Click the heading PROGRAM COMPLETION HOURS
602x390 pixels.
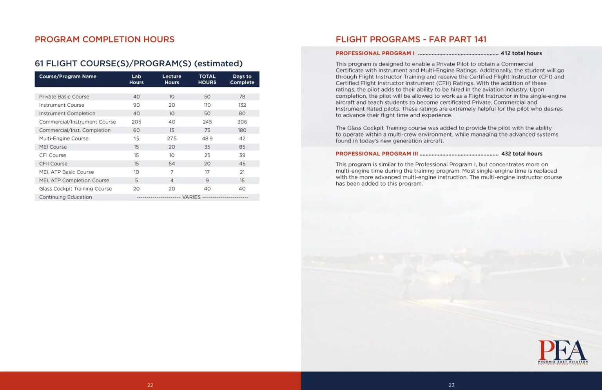pos(105,39)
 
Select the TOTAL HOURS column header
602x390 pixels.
pos(207,79)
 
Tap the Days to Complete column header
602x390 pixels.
pos(242,79)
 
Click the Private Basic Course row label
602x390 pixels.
pos(64,97)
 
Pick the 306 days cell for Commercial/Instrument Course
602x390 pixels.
pos(242,122)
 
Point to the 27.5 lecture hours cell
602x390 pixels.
pos(172,139)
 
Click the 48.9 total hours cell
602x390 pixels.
pos(207,139)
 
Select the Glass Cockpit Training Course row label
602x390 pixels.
pos(76,189)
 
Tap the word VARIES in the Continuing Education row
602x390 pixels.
pos(191,197)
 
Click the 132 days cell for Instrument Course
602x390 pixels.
pos(242,105)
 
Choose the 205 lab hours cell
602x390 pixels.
pos(136,122)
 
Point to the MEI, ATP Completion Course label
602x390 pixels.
pos(74,180)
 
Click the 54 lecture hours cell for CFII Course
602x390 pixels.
pos(172,164)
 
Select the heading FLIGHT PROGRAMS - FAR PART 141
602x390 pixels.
pos(411,39)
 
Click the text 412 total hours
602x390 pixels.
pos(521,53)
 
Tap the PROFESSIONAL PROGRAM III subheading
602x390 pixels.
pos(377,154)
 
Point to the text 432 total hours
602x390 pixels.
pos(522,154)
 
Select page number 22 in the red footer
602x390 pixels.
pos(150,385)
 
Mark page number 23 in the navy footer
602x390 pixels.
pos(451,385)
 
